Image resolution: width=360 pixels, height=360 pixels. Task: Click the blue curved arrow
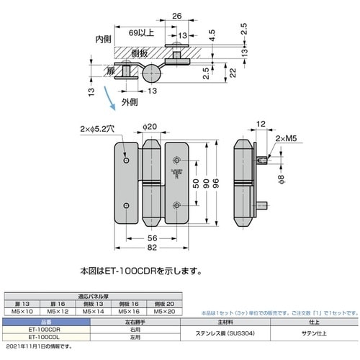(108, 97)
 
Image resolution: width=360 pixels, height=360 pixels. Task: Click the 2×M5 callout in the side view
(286, 147)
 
